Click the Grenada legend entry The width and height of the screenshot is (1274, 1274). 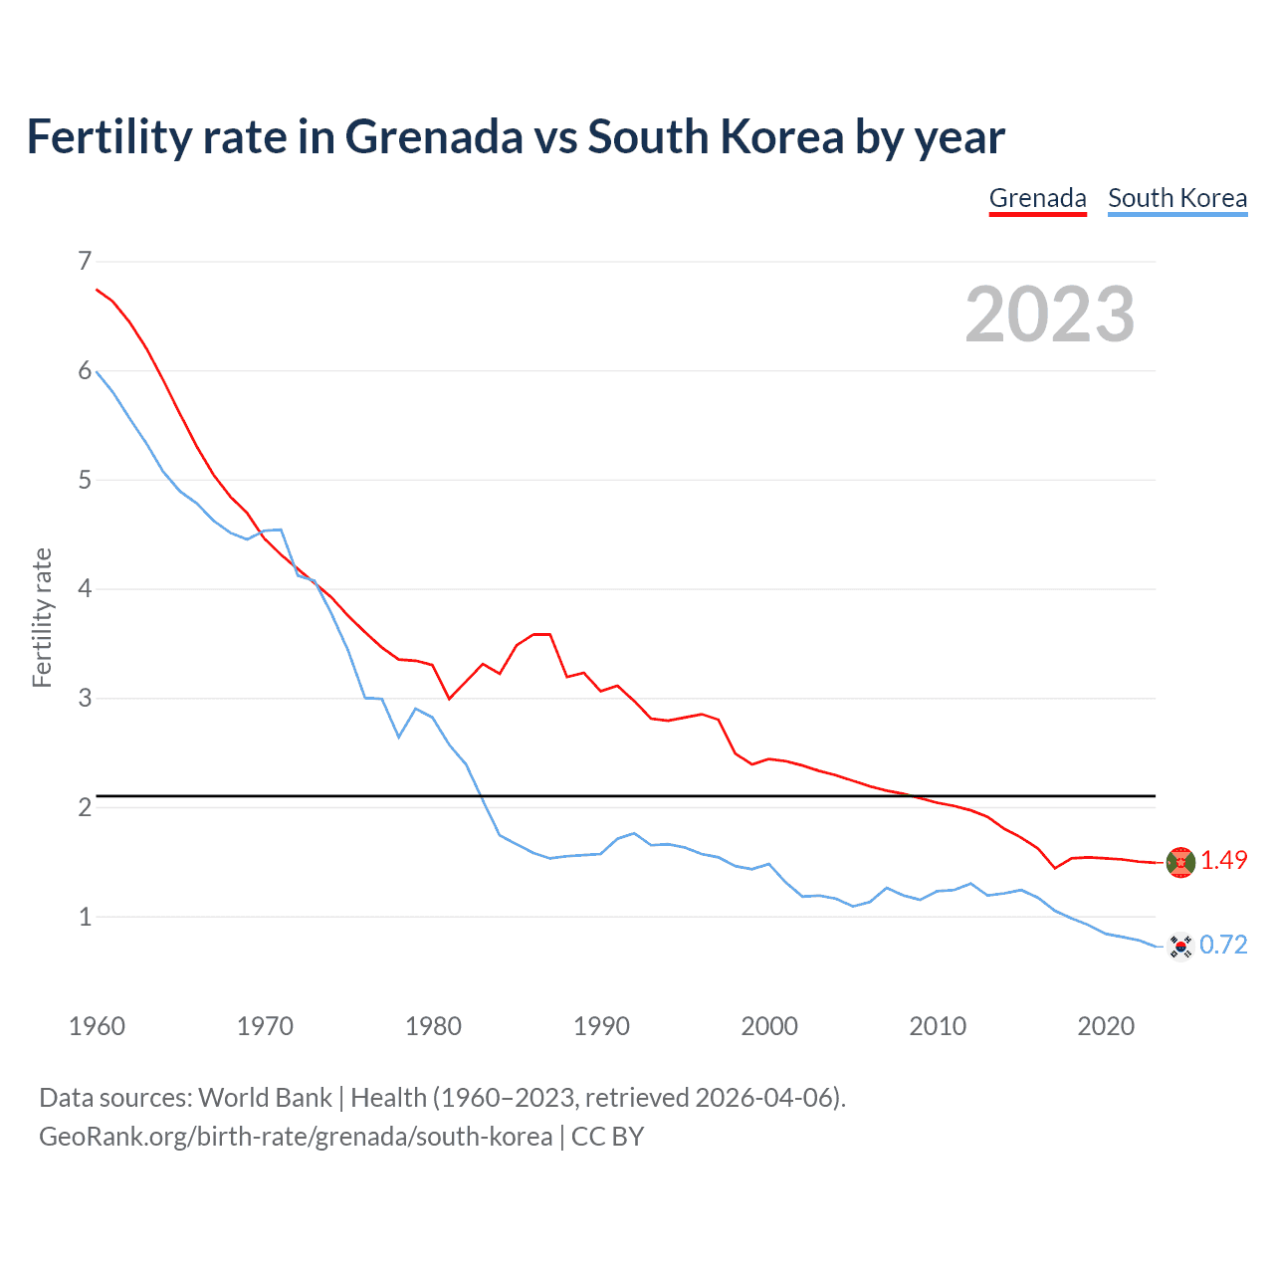(x=1037, y=198)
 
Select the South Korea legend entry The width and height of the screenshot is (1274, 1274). (x=1177, y=198)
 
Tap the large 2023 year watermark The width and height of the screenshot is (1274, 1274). (x=1050, y=315)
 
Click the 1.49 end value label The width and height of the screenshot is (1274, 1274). (x=1223, y=861)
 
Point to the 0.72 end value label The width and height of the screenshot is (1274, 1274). (x=1223, y=945)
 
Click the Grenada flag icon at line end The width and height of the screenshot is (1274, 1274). (x=1180, y=862)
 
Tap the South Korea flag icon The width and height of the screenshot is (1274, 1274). (x=1180, y=946)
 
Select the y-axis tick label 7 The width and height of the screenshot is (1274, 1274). (x=85, y=262)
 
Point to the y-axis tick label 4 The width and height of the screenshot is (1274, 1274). (x=85, y=589)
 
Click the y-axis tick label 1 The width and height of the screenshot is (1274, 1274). (x=85, y=917)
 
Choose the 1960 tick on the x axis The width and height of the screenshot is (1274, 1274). (x=97, y=1026)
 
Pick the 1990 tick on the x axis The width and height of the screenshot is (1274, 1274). (x=601, y=1026)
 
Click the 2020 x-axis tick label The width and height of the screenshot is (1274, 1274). (x=1106, y=1026)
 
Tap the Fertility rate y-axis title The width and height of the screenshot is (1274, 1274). (x=42, y=617)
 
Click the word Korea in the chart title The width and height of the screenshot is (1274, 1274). (x=782, y=136)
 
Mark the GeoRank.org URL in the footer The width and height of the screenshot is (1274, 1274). (x=295, y=1137)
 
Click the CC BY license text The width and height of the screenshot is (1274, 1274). (x=607, y=1137)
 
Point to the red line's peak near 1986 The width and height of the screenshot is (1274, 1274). (x=541, y=634)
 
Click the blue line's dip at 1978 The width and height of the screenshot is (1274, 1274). (x=399, y=737)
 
